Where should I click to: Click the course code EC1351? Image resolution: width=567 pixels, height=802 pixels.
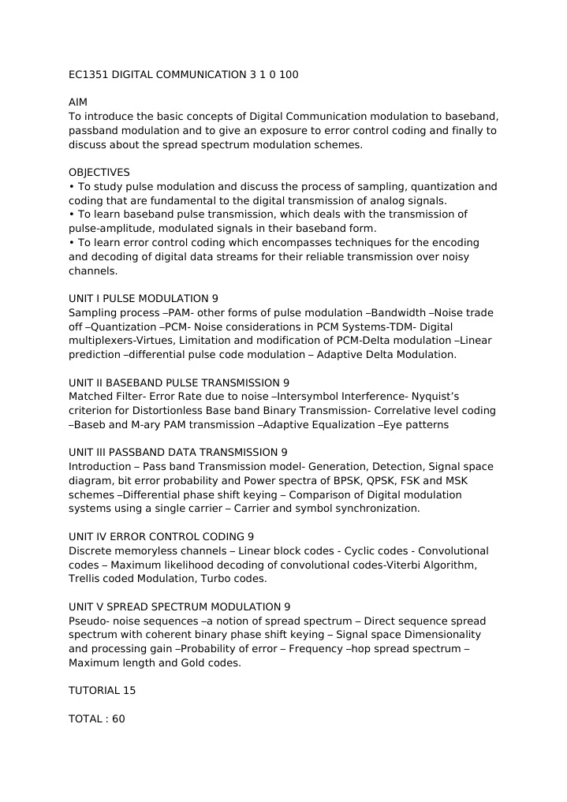[88, 75]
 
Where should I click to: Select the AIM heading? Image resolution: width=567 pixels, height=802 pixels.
[78, 103]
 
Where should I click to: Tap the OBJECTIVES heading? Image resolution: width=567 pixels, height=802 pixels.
[99, 172]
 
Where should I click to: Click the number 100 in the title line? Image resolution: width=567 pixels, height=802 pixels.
[289, 75]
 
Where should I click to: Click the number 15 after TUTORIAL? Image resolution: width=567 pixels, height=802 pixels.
[129, 691]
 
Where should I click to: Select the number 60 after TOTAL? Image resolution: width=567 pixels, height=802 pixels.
[118, 719]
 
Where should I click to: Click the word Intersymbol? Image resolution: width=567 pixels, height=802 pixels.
[308, 397]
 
